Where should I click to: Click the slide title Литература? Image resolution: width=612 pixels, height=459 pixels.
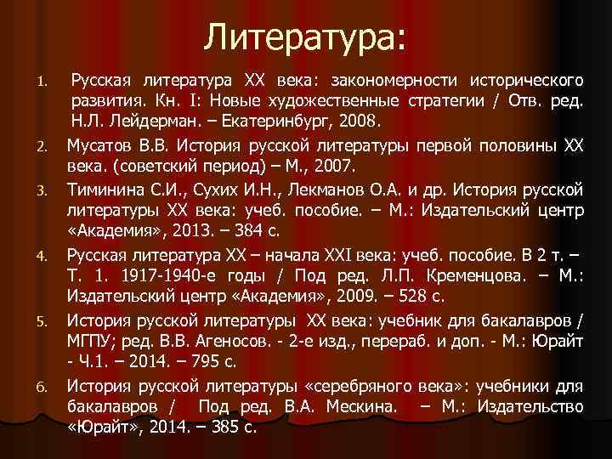coord(307,37)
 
